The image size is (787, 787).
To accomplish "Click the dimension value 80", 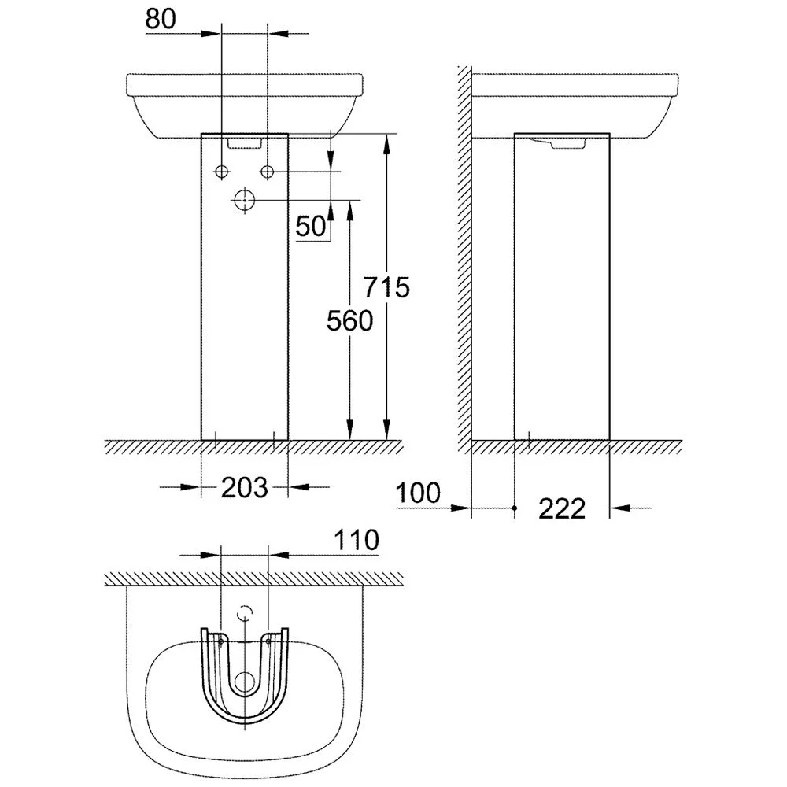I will click(161, 20).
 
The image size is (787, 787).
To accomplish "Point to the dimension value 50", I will click(311, 227).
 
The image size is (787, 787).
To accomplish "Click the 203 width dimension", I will click(244, 488).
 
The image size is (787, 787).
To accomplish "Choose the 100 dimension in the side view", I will click(419, 494).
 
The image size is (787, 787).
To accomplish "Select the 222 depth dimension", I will click(562, 509).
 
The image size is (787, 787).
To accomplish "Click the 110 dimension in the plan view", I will click(355, 540).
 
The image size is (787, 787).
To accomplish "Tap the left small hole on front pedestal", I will click(221, 172).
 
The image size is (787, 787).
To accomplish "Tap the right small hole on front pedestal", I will click(268, 172).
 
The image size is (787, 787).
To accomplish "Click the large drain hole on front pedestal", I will click(245, 200).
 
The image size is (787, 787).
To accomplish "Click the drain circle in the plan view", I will click(246, 682).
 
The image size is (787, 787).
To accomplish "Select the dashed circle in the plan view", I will click(246, 612).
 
